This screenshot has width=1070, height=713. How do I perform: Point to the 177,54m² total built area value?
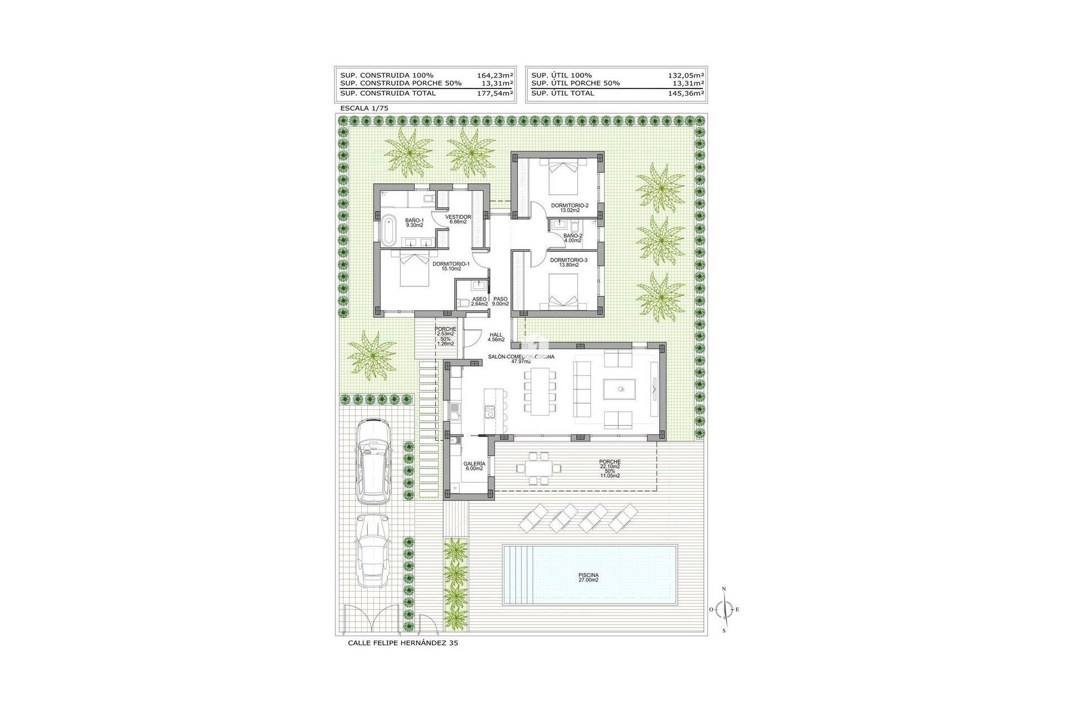tap(495, 93)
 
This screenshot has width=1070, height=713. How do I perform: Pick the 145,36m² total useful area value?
tap(686, 93)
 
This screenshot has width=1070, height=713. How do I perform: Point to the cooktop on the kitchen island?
tap(489, 412)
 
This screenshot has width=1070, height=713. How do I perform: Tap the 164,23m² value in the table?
tap(495, 75)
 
